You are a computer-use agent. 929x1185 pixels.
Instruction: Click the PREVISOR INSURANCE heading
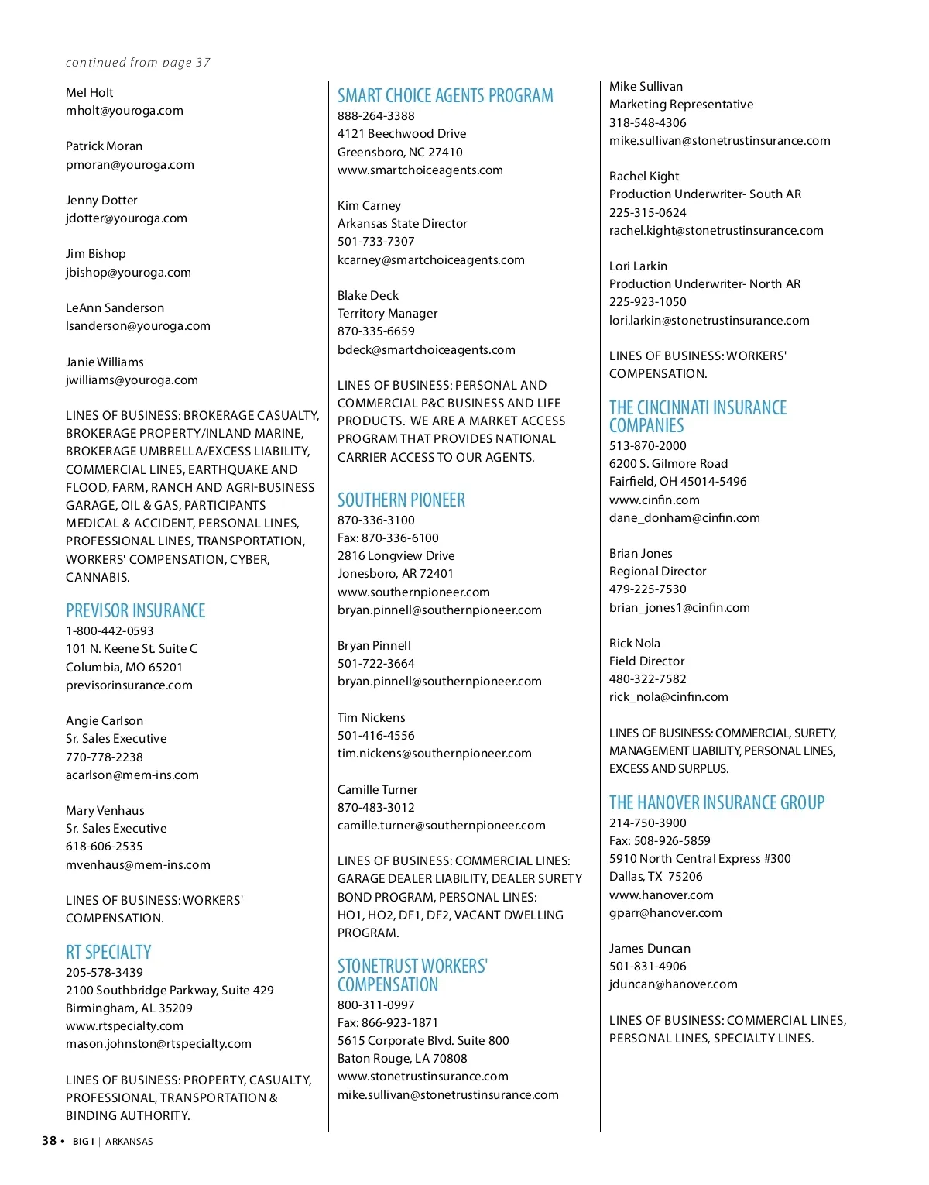(x=135, y=611)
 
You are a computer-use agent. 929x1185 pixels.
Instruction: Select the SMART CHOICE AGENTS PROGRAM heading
(x=445, y=96)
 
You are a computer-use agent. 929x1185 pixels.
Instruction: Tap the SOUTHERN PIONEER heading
(x=401, y=500)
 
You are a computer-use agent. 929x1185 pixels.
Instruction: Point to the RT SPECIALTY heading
(x=108, y=953)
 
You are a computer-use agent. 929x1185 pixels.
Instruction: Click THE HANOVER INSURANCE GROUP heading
(x=717, y=803)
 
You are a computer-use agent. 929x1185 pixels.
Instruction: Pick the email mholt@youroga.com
(x=125, y=111)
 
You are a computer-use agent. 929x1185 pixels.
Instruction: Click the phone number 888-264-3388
(x=375, y=116)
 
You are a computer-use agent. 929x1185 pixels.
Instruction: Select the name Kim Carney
(x=369, y=206)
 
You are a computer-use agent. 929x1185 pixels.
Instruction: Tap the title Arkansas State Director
(x=402, y=224)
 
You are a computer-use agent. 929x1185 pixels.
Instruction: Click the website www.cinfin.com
(x=654, y=500)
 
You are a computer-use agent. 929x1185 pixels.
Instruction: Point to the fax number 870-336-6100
(x=399, y=538)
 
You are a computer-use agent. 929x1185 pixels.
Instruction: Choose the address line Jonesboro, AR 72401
(x=395, y=574)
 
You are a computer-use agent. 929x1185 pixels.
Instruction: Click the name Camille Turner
(x=377, y=790)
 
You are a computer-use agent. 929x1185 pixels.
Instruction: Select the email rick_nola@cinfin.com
(x=668, y=697)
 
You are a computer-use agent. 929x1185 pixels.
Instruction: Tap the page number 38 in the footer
(x=50, y=1141)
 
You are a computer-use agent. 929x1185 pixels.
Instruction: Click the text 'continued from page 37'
(x=138, y=63)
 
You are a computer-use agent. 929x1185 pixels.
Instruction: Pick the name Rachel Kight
(x=644, y=177)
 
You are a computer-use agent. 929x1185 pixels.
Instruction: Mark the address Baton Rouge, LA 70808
(x=402, y=1059)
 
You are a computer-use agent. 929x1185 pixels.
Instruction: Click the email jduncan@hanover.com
(x=673, y=984)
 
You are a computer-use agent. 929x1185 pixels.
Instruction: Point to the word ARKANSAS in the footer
(x=129, y=1142)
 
